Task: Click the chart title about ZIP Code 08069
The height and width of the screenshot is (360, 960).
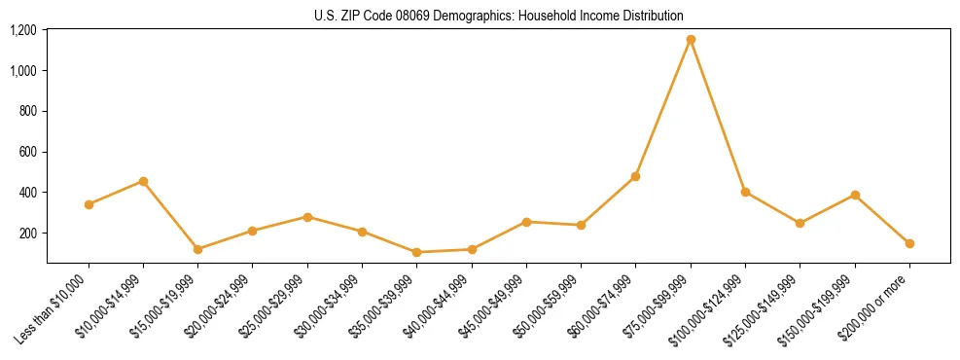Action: pyautogui.click(x=499, y=16)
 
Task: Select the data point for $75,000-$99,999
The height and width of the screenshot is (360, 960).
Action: pyautogui.click(x=691, y=40)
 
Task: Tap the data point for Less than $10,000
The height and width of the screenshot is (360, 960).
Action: pyautogui.click(x=89, y=204)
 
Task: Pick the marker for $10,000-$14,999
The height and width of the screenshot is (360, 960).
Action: pyautogui.click(x=143, y=181)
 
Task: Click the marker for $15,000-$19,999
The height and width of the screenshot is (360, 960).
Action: pyautogui.click(x=198, y=249)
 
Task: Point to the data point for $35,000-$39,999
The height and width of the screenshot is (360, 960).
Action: pyautogui.click(x=417, y=252)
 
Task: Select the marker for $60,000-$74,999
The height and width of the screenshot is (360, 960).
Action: pyautogui.click(x=636, y=176)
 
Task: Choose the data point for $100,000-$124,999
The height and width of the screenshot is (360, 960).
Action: pyautogui.click(x=745, y=192)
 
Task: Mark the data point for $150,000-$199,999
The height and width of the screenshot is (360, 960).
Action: pyautogui.click(x=855, y=195)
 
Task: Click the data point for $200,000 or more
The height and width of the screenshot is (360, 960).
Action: pyautogui.click(x=909, y=243)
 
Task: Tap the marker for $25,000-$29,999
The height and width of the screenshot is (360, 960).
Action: pyautogui.click(x=307, y=217)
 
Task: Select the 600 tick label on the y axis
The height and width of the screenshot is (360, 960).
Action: pyautogui.click(x=27, y=152)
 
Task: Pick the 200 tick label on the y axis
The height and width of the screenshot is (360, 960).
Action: pyautogui.click(x=27, y=234)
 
